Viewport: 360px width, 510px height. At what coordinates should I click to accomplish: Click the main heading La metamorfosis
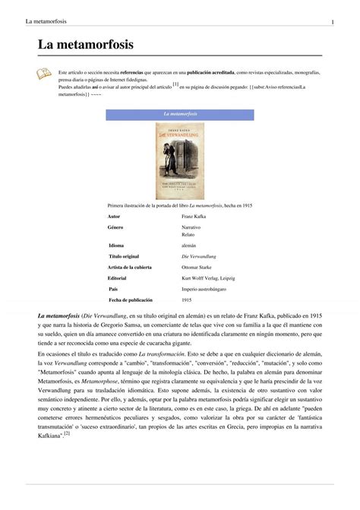click(x=85, y=46)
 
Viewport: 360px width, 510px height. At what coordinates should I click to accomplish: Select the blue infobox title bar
click(x=179, y=114)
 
